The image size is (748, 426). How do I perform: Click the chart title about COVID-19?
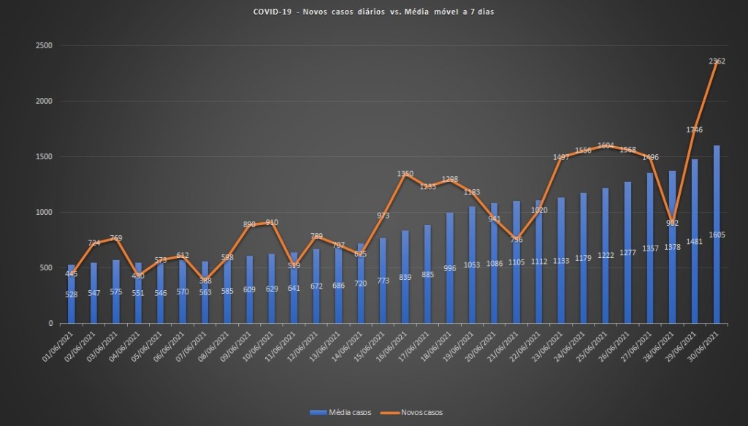(373, 12)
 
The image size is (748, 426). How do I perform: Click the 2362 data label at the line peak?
(717, 62)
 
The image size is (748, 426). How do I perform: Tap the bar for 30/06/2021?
(717, 234)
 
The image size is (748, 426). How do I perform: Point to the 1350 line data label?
(405, 174)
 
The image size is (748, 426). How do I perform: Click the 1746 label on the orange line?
(695, 130)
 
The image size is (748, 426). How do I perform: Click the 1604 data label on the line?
(606, 145)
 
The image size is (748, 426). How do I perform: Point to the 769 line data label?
(116, 238)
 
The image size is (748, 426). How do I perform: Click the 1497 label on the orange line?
(561, 157)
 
